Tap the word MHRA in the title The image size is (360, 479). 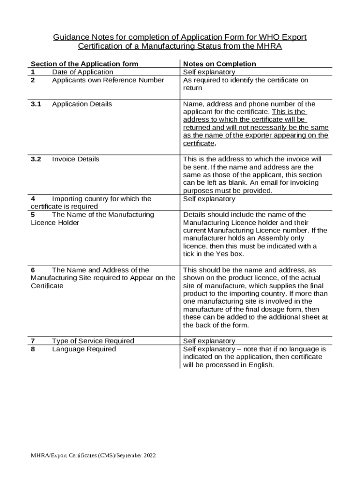268,46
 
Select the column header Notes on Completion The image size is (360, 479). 220,64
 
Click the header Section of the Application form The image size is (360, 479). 84,64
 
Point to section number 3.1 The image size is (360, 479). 36,104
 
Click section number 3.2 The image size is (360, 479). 36,159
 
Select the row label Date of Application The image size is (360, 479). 82,72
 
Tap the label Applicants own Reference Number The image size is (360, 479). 108,80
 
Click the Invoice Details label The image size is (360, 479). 76,159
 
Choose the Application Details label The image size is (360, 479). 82,104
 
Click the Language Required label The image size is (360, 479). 84,349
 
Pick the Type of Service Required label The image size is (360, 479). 93,341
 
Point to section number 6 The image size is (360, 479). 33,270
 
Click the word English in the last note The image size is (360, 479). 259,365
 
